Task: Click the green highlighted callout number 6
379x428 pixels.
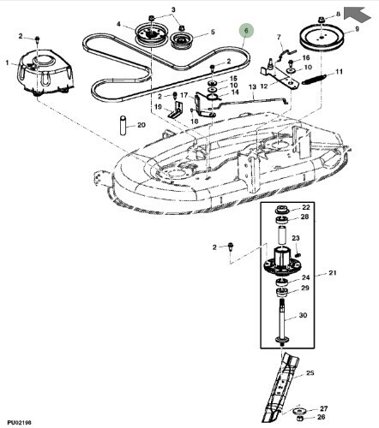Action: coord(246,31)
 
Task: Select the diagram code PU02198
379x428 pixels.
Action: coord(20,422)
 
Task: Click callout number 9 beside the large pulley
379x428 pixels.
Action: coord(357,29)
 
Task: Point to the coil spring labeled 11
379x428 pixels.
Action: coord(315,79)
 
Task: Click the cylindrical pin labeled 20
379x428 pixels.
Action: coord(123,125)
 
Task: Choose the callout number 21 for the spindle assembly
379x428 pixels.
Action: coord(333,273)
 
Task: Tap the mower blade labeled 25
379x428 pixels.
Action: coord(279,387)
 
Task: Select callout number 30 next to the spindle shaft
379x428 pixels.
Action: coord(303,315)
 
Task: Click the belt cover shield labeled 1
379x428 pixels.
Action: coord(45,71)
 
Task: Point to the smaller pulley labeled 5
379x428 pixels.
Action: coord(182,41)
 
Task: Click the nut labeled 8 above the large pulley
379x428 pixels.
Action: coord(322,21)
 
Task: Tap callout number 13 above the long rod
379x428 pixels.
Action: coord(253,86)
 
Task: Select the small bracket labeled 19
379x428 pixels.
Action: coord(176,110)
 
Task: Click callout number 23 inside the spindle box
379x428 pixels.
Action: coord(296,238)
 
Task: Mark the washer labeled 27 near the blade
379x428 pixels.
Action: coord(299,412)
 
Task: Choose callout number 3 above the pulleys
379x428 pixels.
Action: coord(173,9)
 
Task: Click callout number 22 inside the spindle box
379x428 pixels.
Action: coord(306,207)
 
